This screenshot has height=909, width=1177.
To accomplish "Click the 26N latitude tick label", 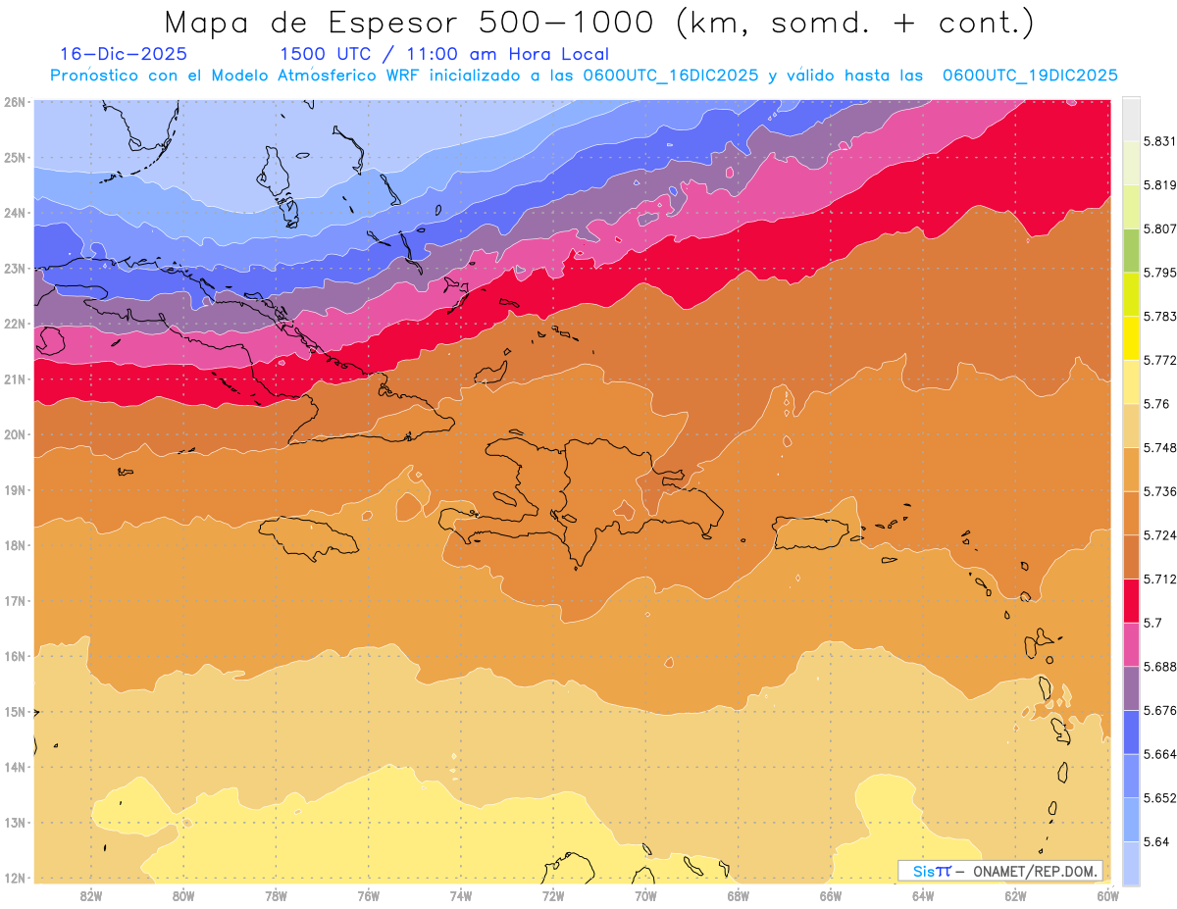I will (14, 101).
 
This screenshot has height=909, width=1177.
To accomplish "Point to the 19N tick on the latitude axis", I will (14, 489).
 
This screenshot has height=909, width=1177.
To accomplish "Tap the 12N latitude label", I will (14, 878).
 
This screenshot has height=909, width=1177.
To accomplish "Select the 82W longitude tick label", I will (91, 895).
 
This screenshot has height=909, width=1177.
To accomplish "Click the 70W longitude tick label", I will (645, 895).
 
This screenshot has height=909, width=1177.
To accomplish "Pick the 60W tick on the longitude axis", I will (1107, 895).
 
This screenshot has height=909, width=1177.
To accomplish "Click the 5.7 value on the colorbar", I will (1151, 622).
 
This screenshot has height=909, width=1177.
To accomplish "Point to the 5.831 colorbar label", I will (1157, 141).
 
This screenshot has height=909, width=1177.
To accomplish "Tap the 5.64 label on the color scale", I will (1154, 841).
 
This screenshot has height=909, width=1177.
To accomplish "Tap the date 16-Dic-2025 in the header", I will (123, 54).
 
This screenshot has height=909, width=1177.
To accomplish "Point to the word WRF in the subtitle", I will (405, 76).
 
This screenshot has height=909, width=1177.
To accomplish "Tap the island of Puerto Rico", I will (810, 533).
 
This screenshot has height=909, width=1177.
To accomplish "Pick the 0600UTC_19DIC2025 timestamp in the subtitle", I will (1029, 76).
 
